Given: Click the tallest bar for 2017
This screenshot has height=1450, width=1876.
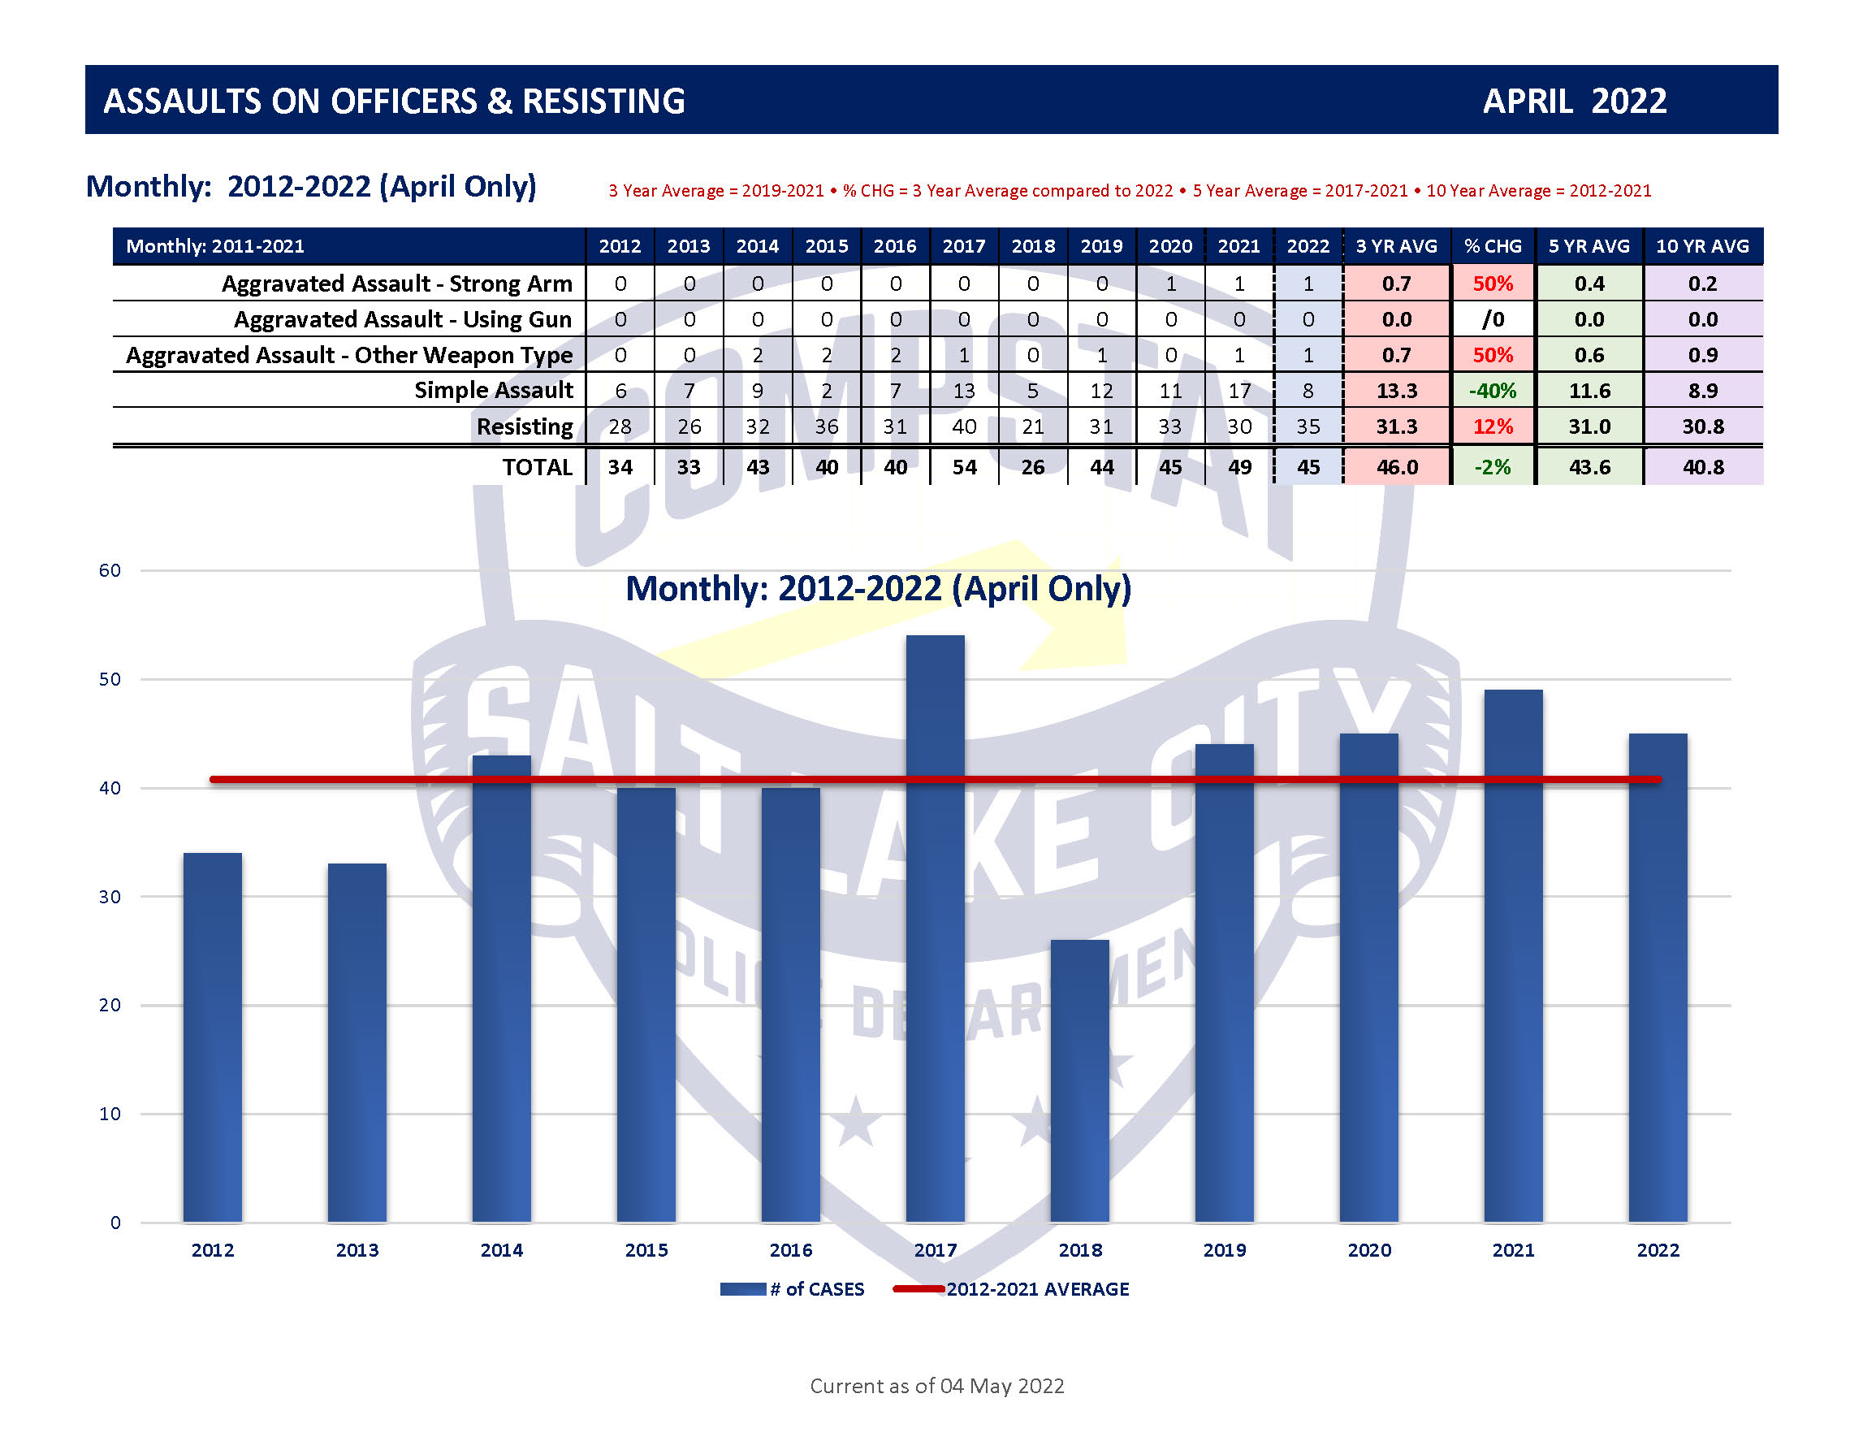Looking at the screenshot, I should [935, 928].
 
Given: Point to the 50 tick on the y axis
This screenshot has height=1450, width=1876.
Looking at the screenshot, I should [110, 679].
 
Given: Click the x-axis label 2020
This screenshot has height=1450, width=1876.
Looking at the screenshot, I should [1368, 1250].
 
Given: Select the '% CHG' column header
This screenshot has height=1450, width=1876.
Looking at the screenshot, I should [1493, 246].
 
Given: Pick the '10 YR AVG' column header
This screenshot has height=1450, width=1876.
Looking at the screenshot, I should [1701, 246].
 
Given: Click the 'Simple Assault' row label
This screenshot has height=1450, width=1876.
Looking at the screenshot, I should [493, 390].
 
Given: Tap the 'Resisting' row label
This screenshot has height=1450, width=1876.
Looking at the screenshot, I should [524, 426].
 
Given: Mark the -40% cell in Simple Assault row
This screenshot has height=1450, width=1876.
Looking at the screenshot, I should [1493, 391].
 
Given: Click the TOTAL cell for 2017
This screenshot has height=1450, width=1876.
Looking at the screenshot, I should [964, 467].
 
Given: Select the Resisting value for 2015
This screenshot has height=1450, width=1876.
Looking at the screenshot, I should [827, 427].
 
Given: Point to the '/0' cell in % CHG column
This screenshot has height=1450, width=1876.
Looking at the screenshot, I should [1493, 319].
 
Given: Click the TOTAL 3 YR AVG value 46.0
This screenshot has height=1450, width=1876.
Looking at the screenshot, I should [1397, 467].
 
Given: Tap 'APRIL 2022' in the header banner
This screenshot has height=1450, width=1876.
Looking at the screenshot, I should [1574, 102].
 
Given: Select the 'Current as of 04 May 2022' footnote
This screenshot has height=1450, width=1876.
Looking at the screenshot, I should [936, 1386].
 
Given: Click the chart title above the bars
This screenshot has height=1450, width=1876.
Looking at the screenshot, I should [878, 589].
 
